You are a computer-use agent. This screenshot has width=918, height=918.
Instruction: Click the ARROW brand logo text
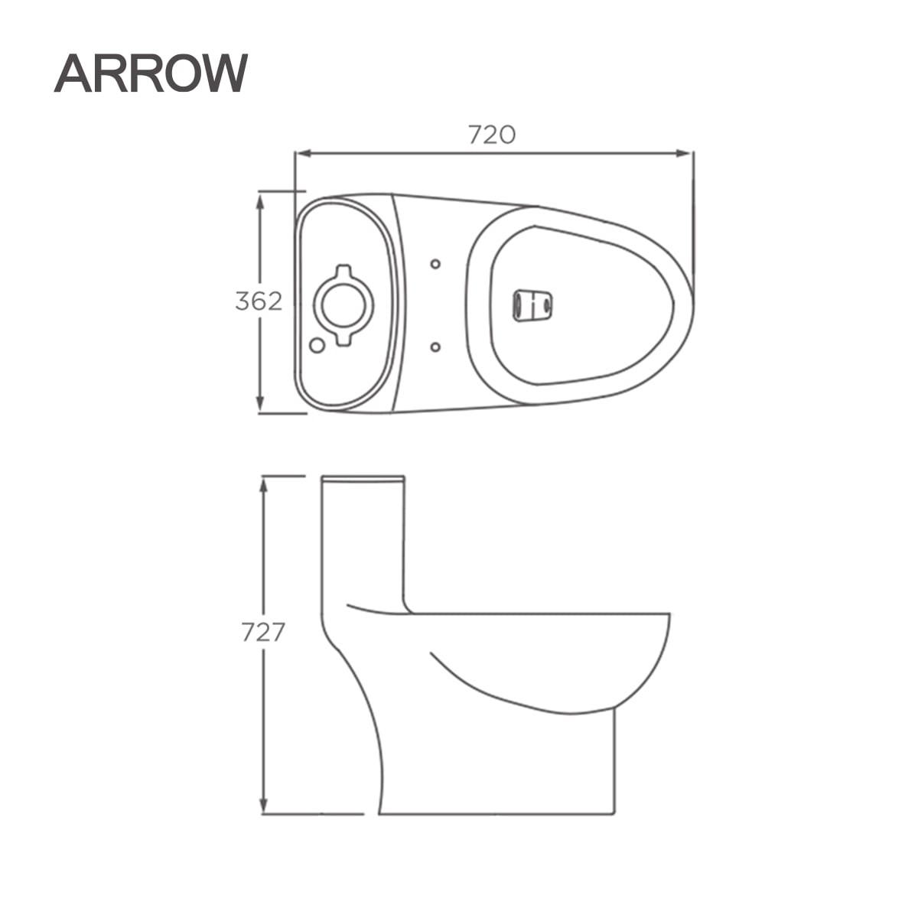(x=151, y=73)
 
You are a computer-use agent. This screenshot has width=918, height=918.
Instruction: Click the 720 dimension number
(x=492, y=135)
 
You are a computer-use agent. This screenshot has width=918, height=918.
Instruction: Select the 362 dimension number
(x=259, y=301)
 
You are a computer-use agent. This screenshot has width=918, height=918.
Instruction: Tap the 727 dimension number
(x=263, y=633)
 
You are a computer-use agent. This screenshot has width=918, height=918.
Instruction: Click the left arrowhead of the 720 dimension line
(x=304, y=154)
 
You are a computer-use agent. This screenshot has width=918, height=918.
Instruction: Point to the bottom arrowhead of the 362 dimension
(x=260, y=404)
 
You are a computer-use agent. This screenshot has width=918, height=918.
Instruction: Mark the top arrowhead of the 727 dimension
(x=263, y=487)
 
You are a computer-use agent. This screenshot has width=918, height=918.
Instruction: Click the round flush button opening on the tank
(x=343, y=305)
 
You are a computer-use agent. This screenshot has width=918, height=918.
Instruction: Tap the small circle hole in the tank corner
(x=317, y=345)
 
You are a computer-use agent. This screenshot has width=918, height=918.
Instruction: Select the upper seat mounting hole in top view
(x=435, y=264)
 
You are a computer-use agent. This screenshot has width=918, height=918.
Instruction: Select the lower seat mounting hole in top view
(x=435, y=347)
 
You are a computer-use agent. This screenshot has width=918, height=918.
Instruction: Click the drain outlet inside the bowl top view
(x=532, y=305)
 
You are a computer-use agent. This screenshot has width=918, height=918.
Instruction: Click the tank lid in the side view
(x=363, y=480)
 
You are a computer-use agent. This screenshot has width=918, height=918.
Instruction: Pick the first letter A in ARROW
(x=73, y=73)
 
